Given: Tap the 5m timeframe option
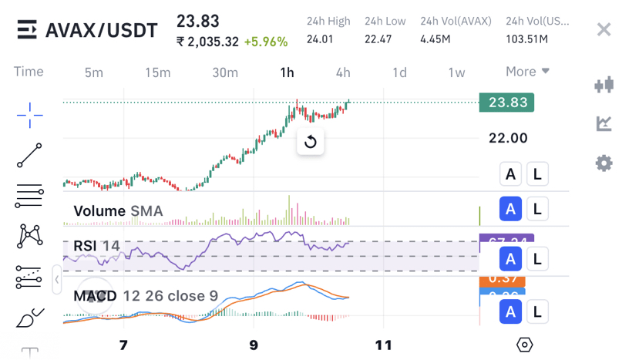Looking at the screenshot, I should [93, 72].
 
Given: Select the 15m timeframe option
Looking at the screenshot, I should [158, 72].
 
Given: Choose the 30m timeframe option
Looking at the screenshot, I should [225, 72].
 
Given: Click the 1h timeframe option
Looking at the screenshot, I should [287, 72].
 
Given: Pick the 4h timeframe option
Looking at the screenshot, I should [343, 72].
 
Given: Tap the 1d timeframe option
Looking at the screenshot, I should [399, 72].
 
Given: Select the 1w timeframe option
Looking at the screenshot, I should [456, 72].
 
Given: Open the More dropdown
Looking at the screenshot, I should [527, 72].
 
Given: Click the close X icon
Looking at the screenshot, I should [604, 30].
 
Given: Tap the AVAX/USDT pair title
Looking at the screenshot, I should [101, 31].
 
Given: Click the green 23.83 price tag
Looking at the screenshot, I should [506, 103].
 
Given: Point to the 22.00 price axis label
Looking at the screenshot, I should [508, 138].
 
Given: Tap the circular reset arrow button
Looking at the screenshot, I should [310, 141].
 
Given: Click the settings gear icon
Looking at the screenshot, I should [604, 163].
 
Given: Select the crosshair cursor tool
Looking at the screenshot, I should [30, 116].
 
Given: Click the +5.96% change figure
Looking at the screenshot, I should [265, 42].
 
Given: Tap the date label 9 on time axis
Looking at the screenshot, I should [254, 345].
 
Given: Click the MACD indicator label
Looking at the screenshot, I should [95, 296].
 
